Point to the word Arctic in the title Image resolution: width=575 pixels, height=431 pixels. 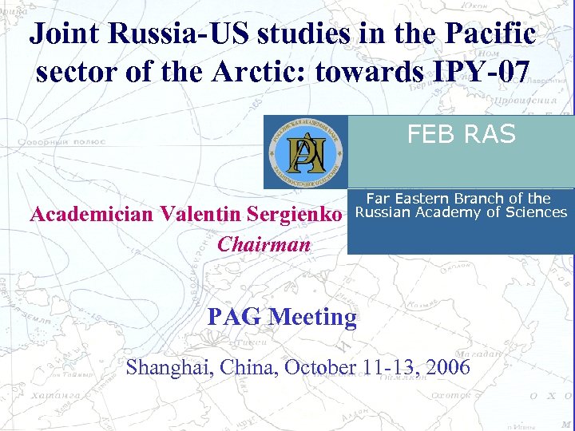[265, 72]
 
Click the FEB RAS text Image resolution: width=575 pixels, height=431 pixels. [461, 135]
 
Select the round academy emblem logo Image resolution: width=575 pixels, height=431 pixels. [306, 152]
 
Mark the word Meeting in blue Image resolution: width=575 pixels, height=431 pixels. [312, 317]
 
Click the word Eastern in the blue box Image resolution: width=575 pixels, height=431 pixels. [432, 199]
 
